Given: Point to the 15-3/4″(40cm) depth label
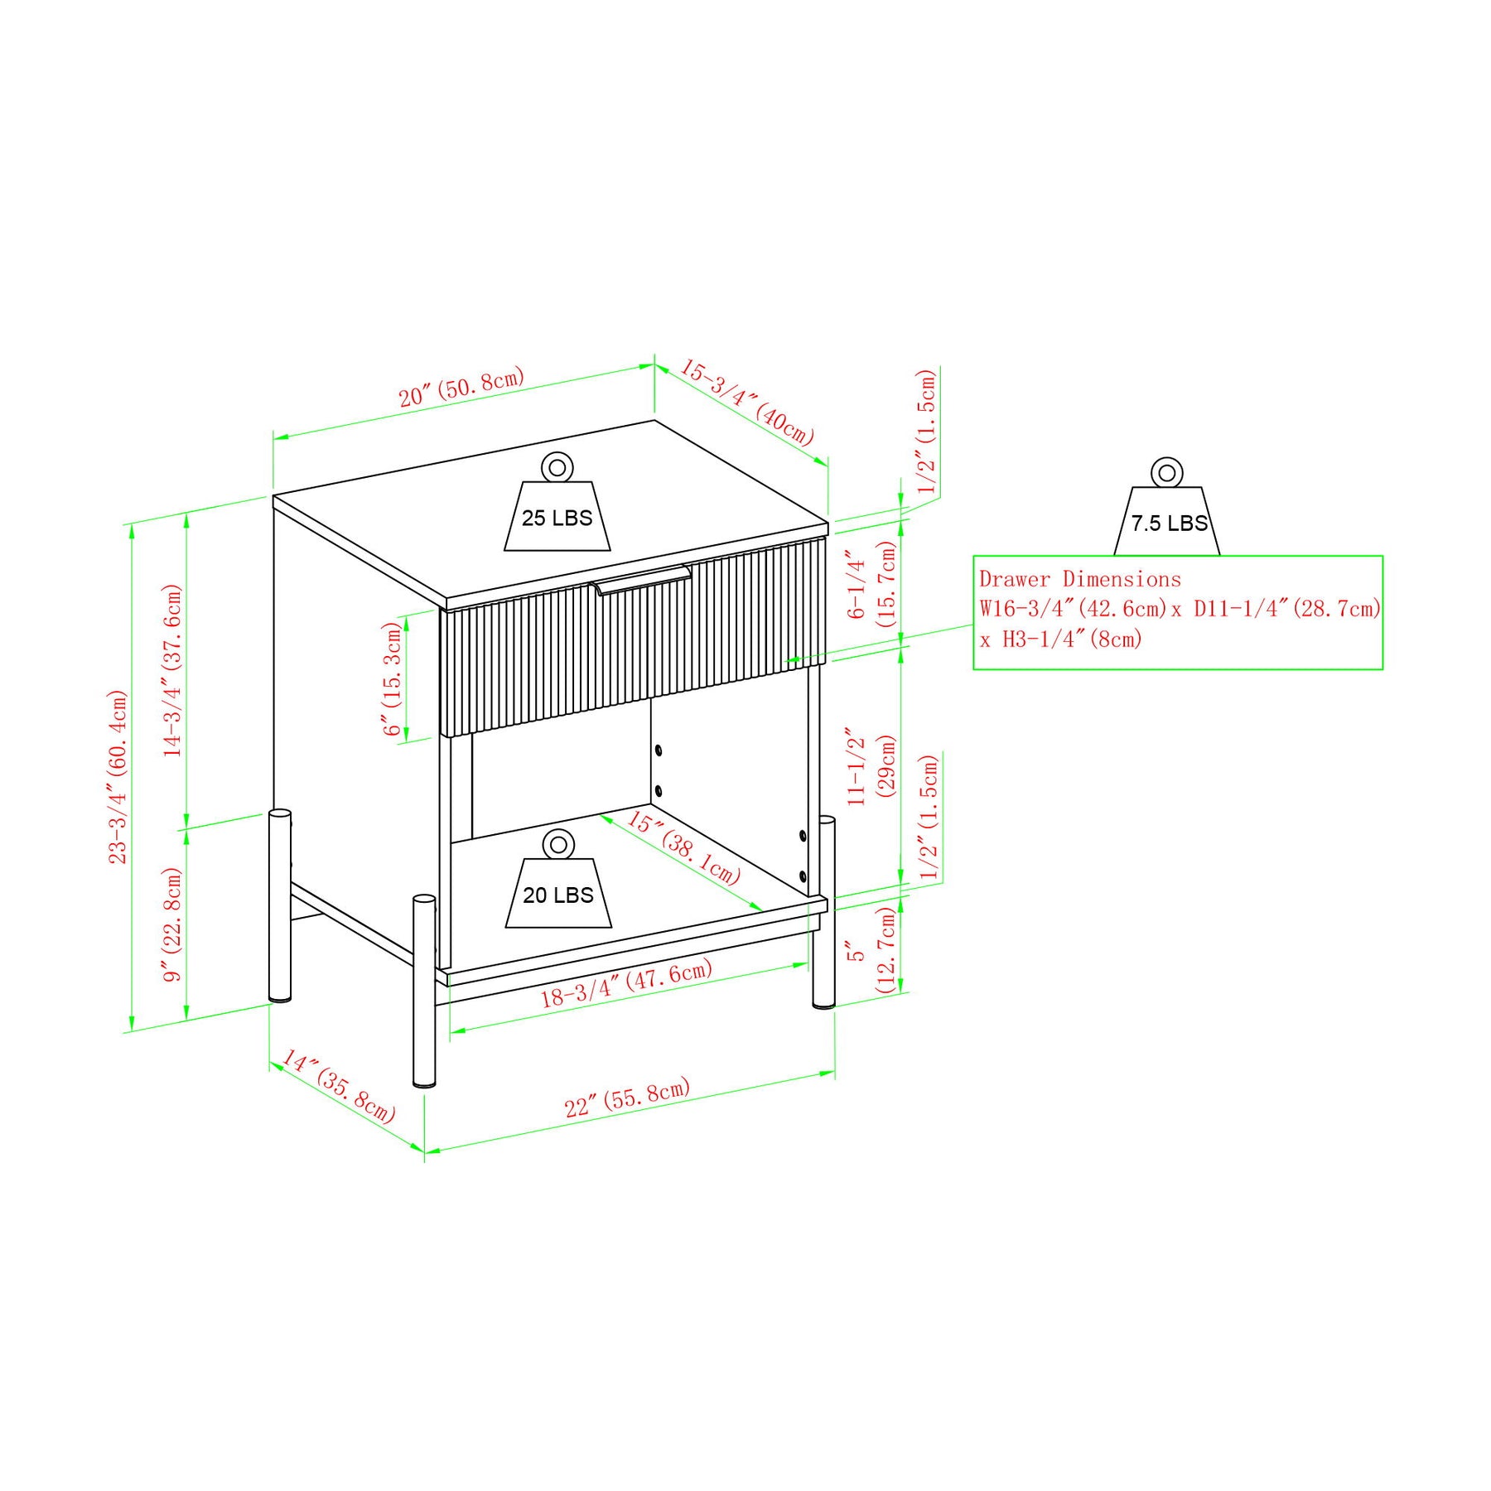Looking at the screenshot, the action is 748,403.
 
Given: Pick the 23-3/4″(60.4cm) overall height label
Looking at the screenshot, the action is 118,777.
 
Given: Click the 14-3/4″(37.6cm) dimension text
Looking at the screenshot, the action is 172,670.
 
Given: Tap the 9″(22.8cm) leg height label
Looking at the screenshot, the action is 172,924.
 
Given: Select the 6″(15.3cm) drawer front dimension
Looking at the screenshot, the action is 392,679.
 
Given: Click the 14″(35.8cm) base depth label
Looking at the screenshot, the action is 338,1086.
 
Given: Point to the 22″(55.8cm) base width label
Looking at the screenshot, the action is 627,1098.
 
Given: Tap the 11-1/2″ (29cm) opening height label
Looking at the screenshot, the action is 871,766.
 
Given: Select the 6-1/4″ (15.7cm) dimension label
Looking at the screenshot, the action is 871,584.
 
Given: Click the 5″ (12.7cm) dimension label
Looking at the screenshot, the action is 871,949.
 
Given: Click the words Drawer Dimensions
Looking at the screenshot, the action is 1080,579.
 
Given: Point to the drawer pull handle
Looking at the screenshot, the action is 643,579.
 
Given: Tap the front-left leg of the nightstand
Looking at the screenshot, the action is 424,991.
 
